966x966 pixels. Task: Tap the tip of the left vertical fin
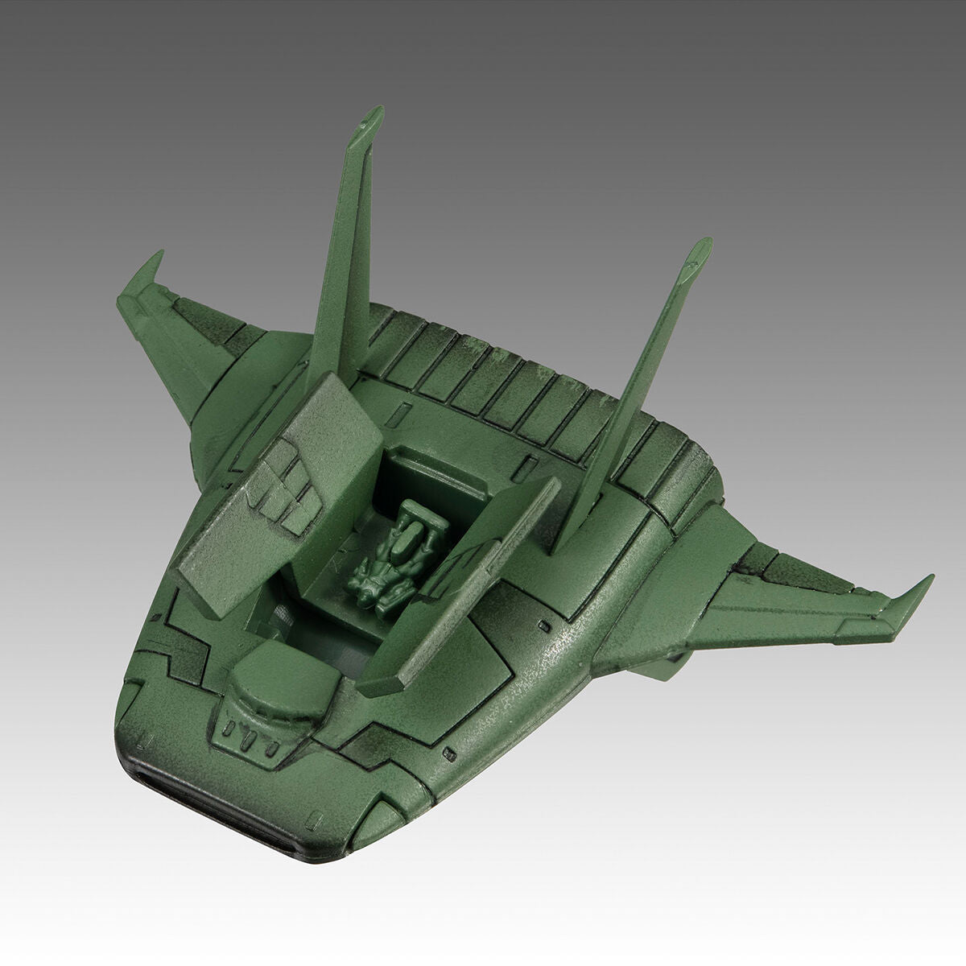(x=373, y=118)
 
